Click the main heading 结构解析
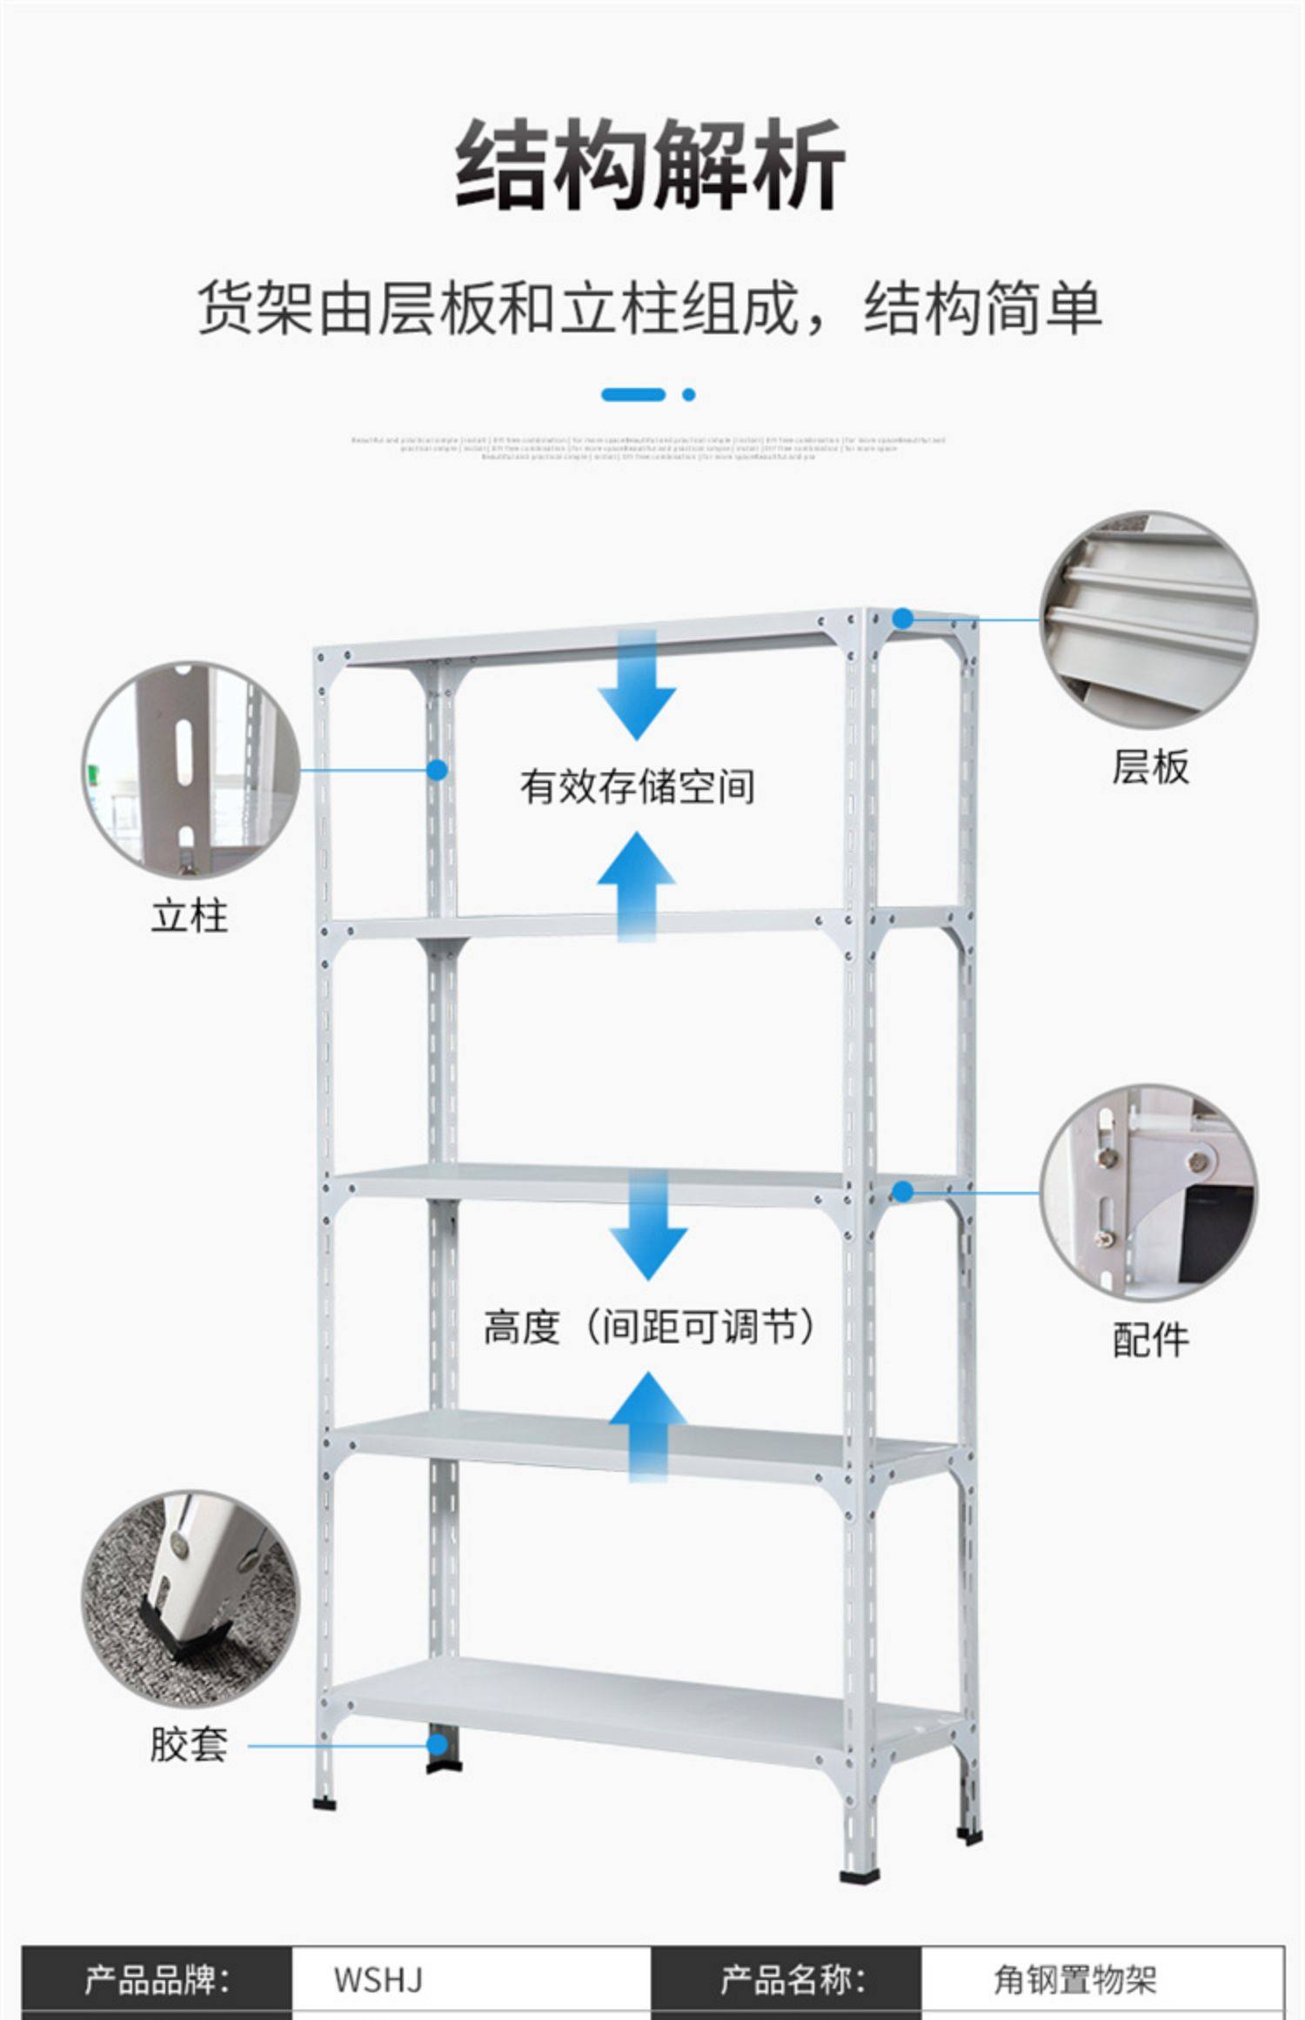pos(650,165)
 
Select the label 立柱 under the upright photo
pos(189,916)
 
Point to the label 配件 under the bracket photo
pos(1150,1339)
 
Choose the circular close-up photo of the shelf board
pos(1148,619)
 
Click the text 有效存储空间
pos(637,786)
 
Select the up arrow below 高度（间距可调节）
pos(648,1427)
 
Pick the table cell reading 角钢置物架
pos(1075,1980)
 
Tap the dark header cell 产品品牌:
pos(157,1980)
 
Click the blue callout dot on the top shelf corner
pos(904,619)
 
